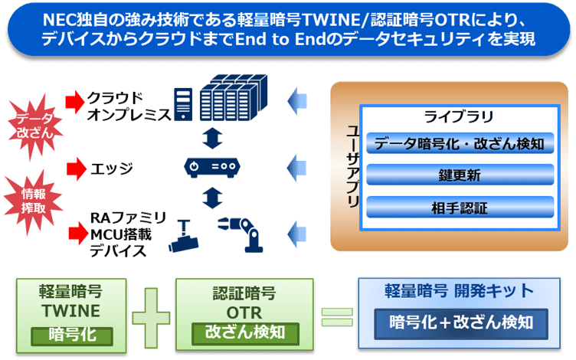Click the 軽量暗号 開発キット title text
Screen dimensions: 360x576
[x=457, y=293]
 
